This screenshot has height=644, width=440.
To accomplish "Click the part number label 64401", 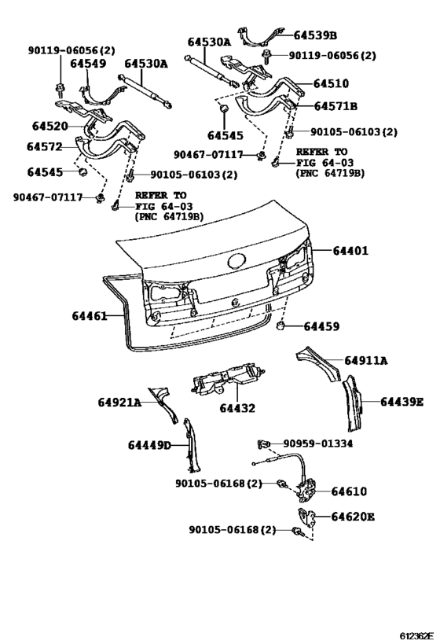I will click(350, 251).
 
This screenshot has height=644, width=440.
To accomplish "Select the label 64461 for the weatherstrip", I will click(89, 316).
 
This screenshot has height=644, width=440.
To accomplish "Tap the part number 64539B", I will click(315, 35).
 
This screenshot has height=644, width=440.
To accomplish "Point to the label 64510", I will click(331, 83).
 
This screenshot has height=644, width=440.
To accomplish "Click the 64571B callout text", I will click(335, 105).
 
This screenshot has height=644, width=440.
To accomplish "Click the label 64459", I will click(321, 326).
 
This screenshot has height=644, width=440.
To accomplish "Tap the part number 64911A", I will click(366, 361).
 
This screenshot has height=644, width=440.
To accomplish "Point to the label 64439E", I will click(402, 402).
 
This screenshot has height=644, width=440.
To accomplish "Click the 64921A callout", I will click(119, 403).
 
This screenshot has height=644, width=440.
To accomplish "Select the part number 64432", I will click(236, 408).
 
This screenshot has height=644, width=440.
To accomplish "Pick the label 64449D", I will click(149, 446).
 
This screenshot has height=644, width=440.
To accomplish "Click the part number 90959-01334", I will click(318, 443).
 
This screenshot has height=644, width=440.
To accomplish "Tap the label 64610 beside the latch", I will click(349, 491).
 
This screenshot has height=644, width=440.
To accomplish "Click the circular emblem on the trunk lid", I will click(235, 263).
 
